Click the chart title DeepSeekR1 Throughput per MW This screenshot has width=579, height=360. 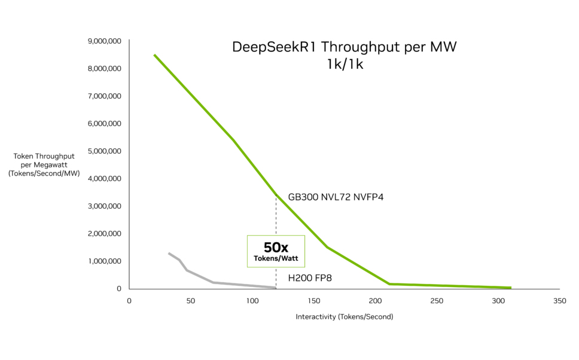pyautogui.click(x=344, y=47)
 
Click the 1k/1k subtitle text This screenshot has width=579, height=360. pyautogui.click(x=345, y=65)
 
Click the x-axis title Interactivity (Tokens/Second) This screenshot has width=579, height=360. pyautogui.click(x=344, y=316)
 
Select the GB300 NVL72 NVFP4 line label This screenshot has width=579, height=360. pyautogui.click(x=336, y=197)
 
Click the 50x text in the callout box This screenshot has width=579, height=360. pyautogui.click(x=276, y=248)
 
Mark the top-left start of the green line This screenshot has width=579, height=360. pyautogui.click(x=154, y=55)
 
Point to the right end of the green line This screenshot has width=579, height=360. pyautogui.click(x=510, y=288)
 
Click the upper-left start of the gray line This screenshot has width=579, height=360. pyautogui.click(x=169, y=253)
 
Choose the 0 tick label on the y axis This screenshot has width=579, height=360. pyautogui.click(x=119, y=289)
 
